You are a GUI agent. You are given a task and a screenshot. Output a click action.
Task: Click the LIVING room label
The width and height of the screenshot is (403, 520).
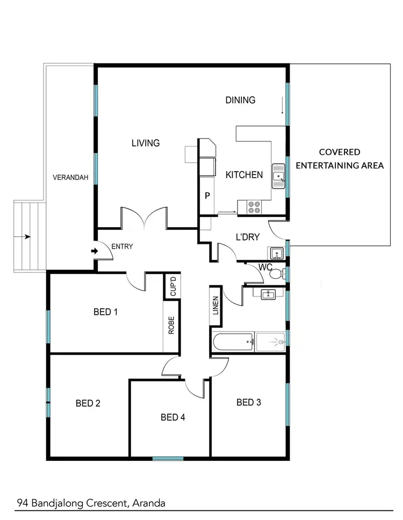[146, 143]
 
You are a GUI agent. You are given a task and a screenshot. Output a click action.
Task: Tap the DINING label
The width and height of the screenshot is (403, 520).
[240, 100]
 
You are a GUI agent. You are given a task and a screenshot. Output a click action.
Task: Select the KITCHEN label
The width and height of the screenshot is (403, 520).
[244, 175]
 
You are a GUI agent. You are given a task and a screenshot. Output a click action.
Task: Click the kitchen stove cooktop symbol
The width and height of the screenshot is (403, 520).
[253, 207]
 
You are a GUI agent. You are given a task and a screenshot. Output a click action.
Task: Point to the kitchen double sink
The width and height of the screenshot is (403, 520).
[278, 176]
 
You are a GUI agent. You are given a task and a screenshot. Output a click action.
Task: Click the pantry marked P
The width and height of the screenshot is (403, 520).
[207, 196]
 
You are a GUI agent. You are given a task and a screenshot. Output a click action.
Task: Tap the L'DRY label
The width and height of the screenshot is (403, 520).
[248, 237]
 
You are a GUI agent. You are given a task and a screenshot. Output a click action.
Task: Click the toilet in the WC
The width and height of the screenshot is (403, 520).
[276, 275]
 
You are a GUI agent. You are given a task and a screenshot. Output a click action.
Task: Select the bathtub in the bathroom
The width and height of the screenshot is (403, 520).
[233, 342]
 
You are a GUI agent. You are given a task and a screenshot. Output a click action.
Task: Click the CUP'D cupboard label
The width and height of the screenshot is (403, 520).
[172, 286]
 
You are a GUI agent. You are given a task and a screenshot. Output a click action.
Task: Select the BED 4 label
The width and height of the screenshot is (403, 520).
[173, 417]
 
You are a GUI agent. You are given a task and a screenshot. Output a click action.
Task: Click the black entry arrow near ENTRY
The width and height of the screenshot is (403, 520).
[95, 251]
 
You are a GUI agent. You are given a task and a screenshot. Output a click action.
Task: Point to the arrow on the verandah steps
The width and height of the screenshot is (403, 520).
[25, 236]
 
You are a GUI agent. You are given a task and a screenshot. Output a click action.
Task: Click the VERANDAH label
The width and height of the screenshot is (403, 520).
[70, 177]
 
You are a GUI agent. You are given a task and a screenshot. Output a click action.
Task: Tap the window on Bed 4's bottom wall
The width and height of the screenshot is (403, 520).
[168, 458]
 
